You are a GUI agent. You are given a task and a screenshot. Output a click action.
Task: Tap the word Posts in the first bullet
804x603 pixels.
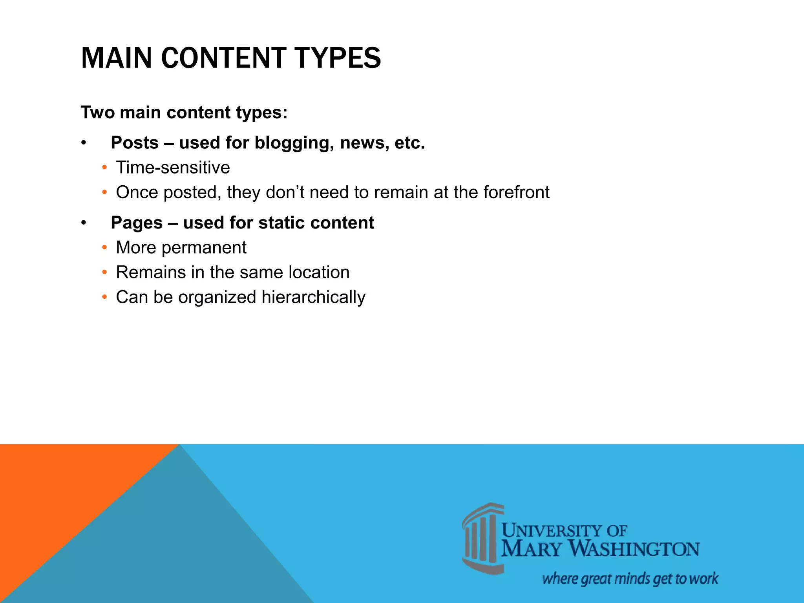tap(135, 143)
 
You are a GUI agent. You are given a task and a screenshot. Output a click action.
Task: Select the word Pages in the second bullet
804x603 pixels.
tap(137, 223)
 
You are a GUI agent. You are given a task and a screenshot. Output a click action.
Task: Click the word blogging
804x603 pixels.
tap(294, 143)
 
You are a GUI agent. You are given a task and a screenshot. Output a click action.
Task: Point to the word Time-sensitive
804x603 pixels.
tap(173, 168)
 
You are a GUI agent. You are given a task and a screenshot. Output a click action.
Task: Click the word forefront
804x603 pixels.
tap(516, 192)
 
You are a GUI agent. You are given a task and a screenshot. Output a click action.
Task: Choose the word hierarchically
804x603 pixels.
tap(313, 297)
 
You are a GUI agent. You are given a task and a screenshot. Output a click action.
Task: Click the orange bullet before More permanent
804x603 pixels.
tap(104, 248)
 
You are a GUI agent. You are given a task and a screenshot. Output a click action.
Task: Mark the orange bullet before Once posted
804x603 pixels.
tap(104, 192)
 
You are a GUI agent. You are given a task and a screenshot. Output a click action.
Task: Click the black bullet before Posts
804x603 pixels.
tap(83, 143)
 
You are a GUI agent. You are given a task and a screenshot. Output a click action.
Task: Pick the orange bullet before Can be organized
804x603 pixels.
tap(104, 297)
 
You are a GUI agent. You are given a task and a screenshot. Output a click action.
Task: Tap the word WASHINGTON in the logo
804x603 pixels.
tap(634, 549)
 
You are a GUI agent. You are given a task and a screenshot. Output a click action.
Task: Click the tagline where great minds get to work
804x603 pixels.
tap(630, 579)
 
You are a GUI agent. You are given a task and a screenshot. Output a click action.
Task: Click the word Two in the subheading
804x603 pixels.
tap(97, 113)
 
